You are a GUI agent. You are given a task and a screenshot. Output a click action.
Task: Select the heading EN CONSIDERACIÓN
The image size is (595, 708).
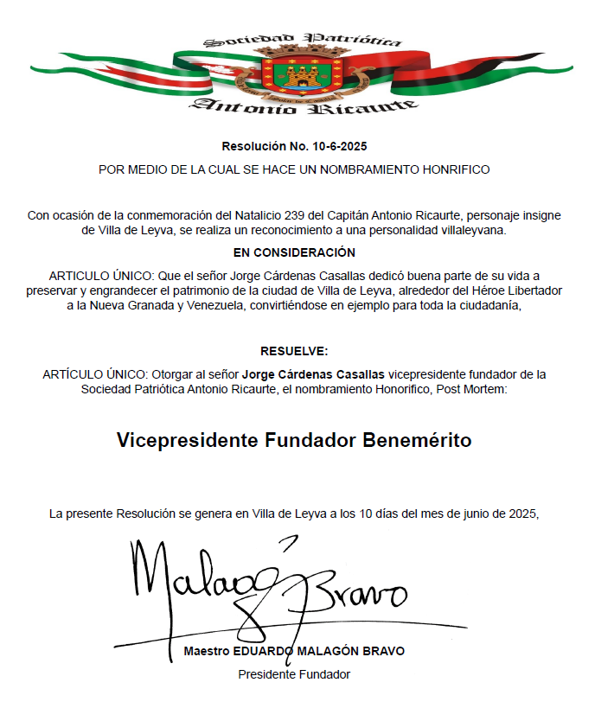[295, 252]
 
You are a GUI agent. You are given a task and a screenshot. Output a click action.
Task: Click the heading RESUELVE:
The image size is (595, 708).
[295, 351]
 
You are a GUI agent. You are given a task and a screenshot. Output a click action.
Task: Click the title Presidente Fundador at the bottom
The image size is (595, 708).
[294, 674]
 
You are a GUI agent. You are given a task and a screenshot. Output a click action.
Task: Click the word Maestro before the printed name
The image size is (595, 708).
[207, 651]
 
